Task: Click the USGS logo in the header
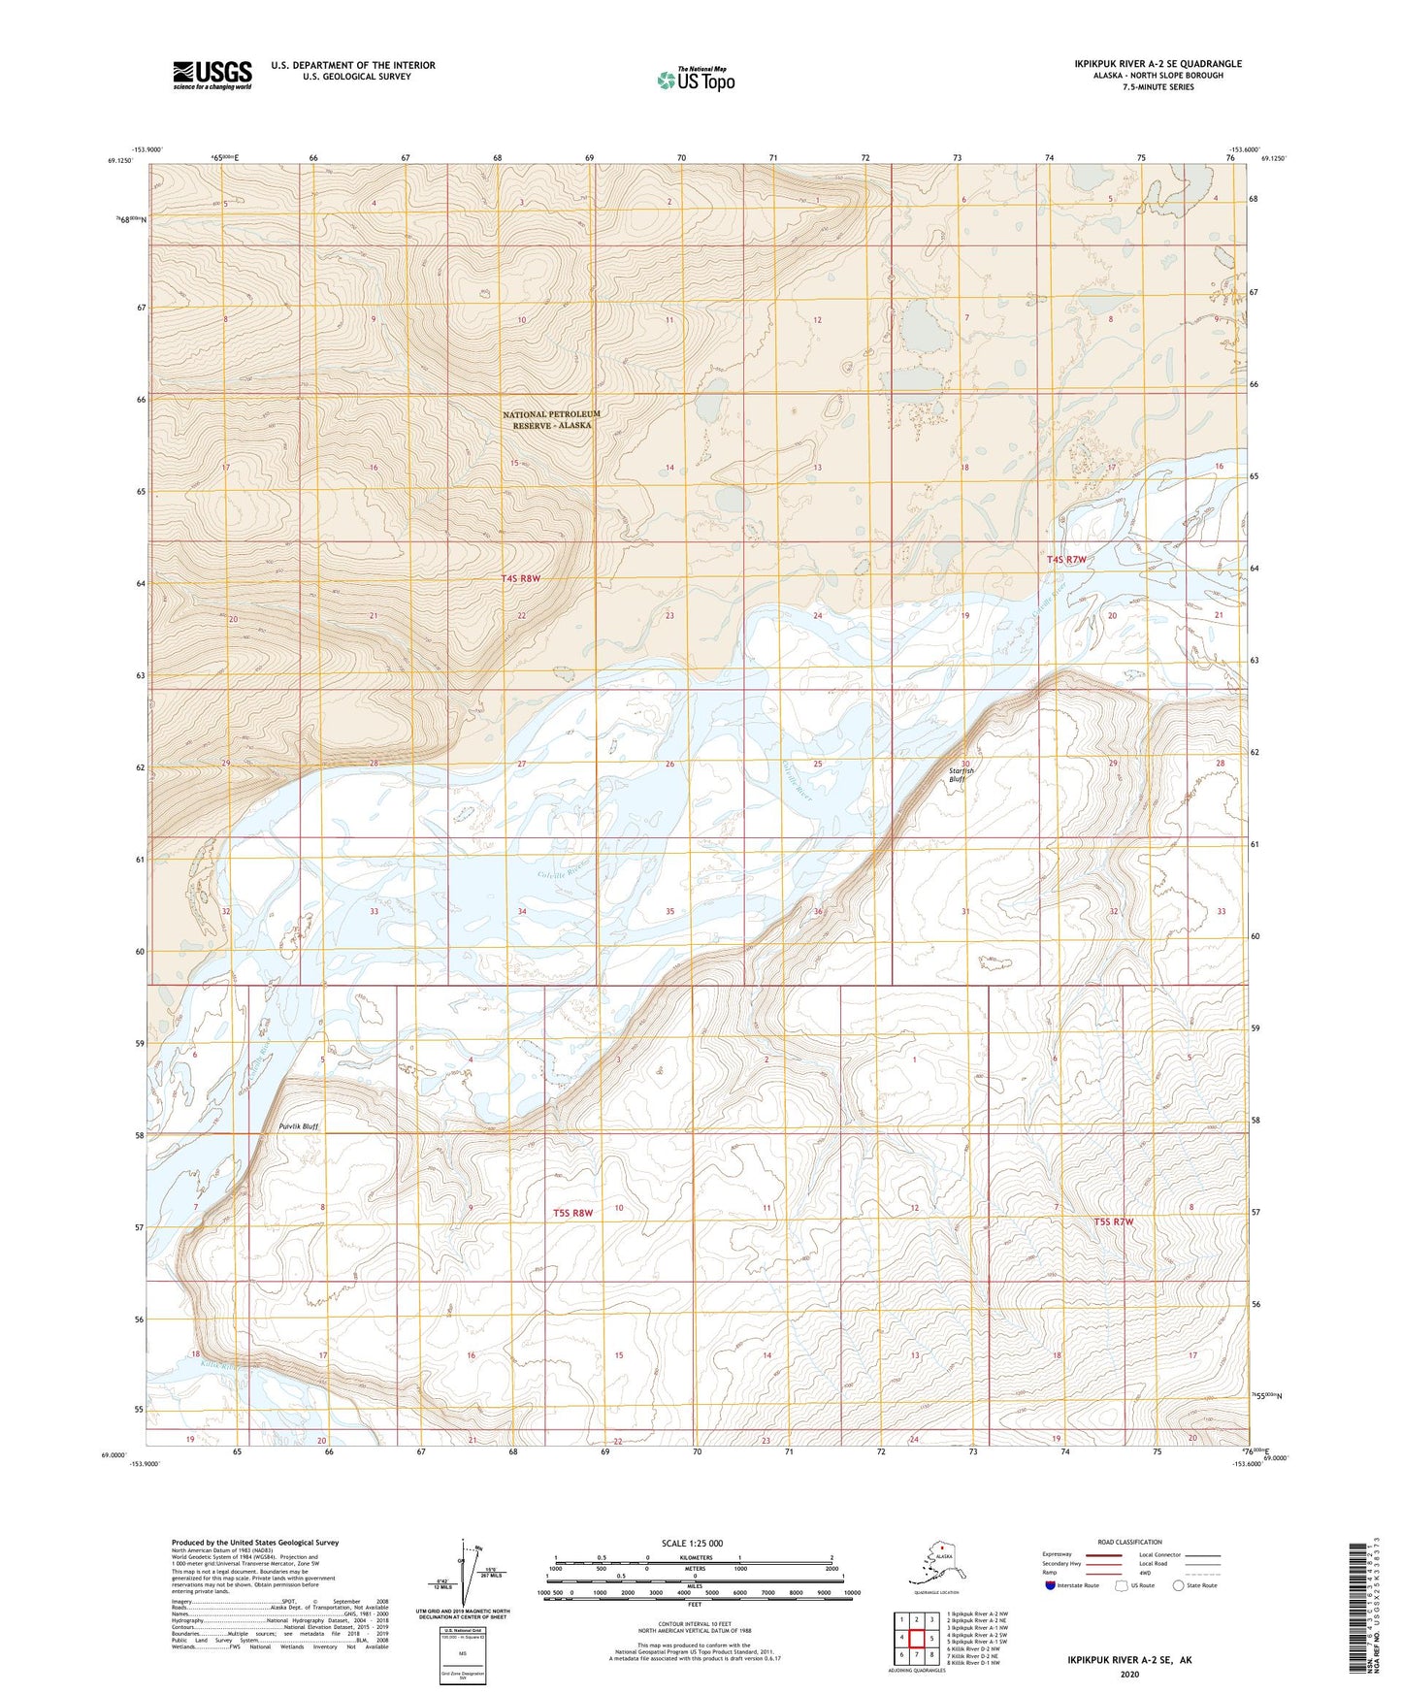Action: coord(212,75)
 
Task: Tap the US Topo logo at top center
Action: coord(695,80)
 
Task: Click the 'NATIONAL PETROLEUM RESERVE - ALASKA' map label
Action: coord(551,419)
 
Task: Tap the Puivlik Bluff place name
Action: coord(298,1126)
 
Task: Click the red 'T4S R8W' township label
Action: coord(520,578)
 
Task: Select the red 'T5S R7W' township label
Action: coord(1112,1222)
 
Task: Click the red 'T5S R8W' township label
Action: coord(572,1213)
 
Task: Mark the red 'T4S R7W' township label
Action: coord(1067,559)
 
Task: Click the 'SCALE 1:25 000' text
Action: coord(692,1543)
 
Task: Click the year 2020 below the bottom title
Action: coord(1128,1673)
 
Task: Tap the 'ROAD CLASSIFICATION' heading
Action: coord(1129,1542)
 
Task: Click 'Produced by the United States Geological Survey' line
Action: coord(255,1542)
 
